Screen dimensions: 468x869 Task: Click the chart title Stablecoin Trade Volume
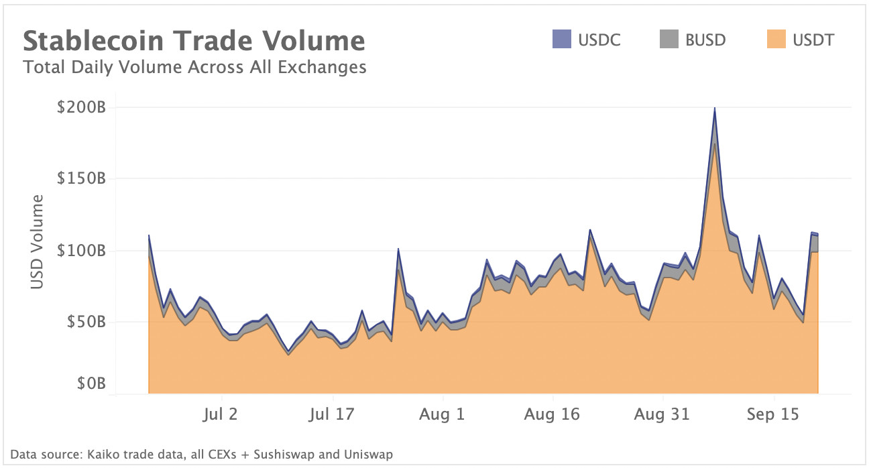(x=194, y=41)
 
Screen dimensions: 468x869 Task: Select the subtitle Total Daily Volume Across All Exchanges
(x=194, y=67)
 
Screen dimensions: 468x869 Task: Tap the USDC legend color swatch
(x=561, y=40)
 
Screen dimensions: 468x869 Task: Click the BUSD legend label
(x=705, y=40)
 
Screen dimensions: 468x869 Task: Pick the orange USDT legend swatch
(x=776, y=40)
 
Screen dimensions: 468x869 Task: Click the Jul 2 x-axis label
(x=219, y=414)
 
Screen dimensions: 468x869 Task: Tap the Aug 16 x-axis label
(x=551, y=414)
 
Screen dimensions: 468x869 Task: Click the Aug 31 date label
(x=661, y=414)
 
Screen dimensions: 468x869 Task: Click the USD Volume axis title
(x=38, y=242)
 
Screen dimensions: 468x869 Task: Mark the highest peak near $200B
(x=715, y=109)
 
